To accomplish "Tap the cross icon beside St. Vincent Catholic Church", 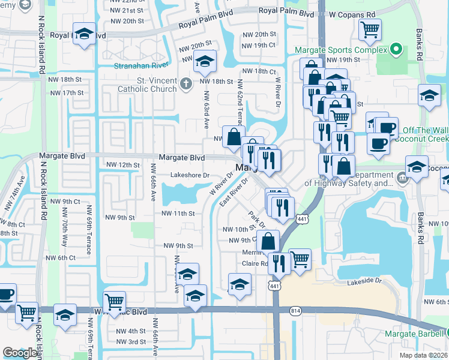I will coord(186,83).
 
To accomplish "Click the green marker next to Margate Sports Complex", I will coord(395,49).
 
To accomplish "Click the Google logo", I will coord(20,353).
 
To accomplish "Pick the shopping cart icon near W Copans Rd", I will coord(370,29).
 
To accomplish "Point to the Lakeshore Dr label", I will coord(189,175).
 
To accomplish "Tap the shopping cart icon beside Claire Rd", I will coord(300,259).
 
